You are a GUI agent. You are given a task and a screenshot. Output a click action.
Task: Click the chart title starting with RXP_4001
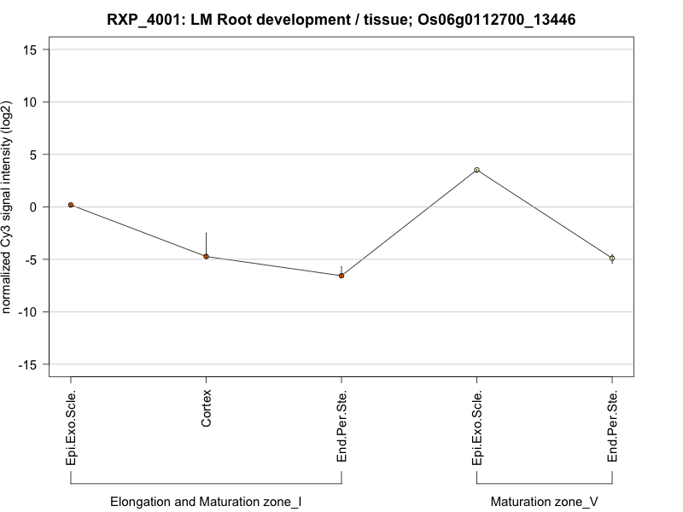click(x=341, y=19)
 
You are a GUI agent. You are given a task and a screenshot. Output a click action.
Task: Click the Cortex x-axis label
click(x=206, y=409)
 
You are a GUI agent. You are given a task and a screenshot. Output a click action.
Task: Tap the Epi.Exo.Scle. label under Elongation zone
click(x=71, y=428)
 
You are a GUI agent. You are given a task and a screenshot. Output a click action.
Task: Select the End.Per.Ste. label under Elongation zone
click(x=341, y=427)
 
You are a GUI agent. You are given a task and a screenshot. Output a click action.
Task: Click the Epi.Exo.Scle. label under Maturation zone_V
click(x=477, y=428)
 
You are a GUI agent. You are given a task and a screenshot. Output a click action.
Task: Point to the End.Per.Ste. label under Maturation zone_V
click(x=612, y=427)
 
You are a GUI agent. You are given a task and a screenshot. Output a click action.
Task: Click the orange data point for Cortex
click(x=206, y=256)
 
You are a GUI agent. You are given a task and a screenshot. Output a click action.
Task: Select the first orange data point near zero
click(x=71, y=205)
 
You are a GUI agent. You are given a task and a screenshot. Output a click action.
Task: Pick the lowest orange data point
click(x=341, y=276)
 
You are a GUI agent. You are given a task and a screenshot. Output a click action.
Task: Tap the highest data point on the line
click(x=477, y=170)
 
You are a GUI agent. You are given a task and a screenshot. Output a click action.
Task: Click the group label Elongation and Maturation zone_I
click(x=206, y=501)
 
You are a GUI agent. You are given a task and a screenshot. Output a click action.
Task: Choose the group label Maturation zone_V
click(x=545, y=501)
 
